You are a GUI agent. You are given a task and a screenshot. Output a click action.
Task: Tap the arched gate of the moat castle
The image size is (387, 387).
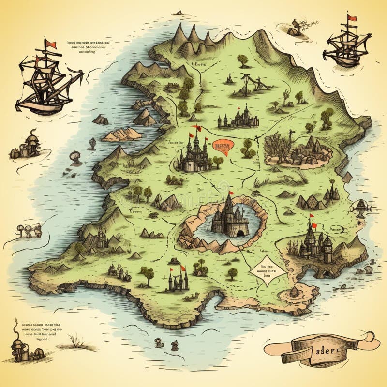click(x=240, y=233)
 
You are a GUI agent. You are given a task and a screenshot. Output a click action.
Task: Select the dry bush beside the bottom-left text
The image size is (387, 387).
click(x=76, y=343)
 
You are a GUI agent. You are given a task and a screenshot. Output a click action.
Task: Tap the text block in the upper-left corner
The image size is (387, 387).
click(x=89, y=47)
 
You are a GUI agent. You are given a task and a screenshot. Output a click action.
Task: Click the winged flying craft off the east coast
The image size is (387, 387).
click(x=362, y=207)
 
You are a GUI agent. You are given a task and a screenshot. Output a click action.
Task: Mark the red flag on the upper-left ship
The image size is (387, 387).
click(x=51, y=45)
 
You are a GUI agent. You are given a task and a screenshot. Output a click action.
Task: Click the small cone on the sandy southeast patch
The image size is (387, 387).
click(x=295, y=291)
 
